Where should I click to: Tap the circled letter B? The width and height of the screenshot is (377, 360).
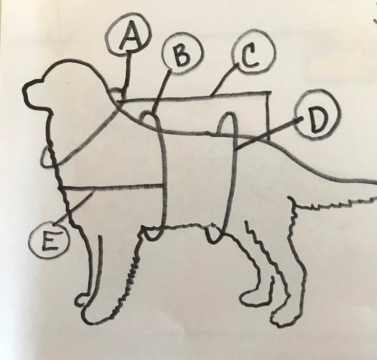tap(183, 56)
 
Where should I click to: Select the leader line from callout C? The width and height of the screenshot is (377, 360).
tap(224, 80)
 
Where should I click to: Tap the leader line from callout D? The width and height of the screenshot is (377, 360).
tap(268, 134)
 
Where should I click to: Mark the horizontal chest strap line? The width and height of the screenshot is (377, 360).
tap(111, 186)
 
